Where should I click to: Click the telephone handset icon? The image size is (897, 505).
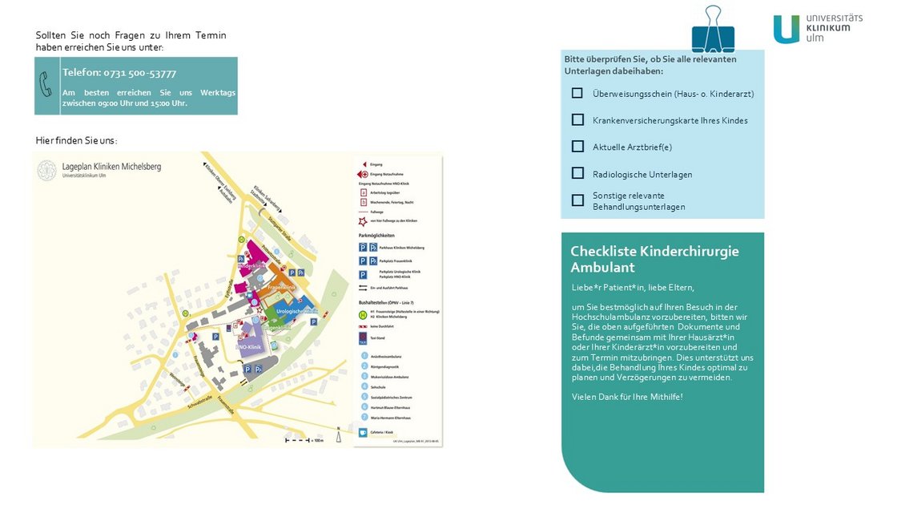[x=47, y=85]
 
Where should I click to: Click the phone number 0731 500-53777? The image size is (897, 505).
[x=119, y=72]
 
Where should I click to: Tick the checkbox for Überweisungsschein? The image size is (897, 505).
[x=577, y=93]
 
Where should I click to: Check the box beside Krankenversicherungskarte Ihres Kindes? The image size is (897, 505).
[x=577, y=119]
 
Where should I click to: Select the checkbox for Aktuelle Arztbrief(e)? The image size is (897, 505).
[x=577, y=147]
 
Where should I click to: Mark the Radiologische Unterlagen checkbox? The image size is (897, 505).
[x=577, y=173]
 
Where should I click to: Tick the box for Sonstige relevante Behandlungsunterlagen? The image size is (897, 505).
[x=577, y=200]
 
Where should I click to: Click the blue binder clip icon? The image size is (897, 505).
[x=712, y=30]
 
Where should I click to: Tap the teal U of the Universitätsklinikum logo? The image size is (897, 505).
[x=786, y=29]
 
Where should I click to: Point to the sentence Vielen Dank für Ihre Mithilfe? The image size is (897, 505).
[x=627, y=397]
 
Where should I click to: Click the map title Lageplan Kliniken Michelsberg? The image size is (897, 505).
[x=111, y=166]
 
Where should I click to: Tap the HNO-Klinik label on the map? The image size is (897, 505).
[x=250, y=346]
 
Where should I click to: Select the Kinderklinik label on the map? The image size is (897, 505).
[x=253, y=265]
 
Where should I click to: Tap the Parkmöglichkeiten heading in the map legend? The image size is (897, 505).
[x=376, y=236]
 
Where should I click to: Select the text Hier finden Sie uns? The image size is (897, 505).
[x=76, y=140]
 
